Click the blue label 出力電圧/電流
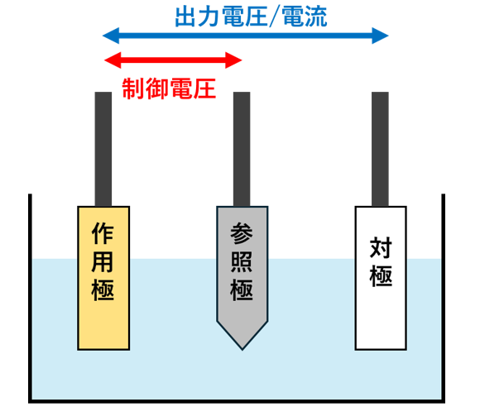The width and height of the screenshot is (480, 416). click(x=251, y=17)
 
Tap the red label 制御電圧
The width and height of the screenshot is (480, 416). click(x=169, y=88)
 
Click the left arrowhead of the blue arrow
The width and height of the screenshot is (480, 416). click(x=111, y=36)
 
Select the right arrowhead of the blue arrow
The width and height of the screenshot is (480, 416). click(x=380, y=36)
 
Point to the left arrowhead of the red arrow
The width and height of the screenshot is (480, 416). click(x=113, y=60)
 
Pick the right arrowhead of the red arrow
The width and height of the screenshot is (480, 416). click(x=234, y=60)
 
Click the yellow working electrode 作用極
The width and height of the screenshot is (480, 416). click(x=103, y=278)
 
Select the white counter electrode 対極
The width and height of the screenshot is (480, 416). click(x=381, y=278)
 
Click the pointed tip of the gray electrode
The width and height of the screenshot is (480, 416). click(x=242, y=350)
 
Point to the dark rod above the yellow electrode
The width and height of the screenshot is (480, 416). click(x=103, y=149)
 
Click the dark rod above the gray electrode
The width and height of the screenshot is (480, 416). click(x=242, y=149)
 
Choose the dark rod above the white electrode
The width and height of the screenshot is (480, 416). click(x=380, y=149)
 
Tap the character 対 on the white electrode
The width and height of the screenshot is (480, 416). click(x=381, y=247)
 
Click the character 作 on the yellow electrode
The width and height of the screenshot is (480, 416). click(x=103, y=233)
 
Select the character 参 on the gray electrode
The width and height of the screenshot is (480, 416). click(x=242, y=233)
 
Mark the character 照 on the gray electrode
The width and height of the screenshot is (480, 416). click(x=242, y=261)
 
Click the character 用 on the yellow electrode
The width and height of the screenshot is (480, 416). click(x=103, y=261)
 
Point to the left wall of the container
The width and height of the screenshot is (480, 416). click(x=30, y=299)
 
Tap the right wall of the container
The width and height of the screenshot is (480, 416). click(x=444, y=299)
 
